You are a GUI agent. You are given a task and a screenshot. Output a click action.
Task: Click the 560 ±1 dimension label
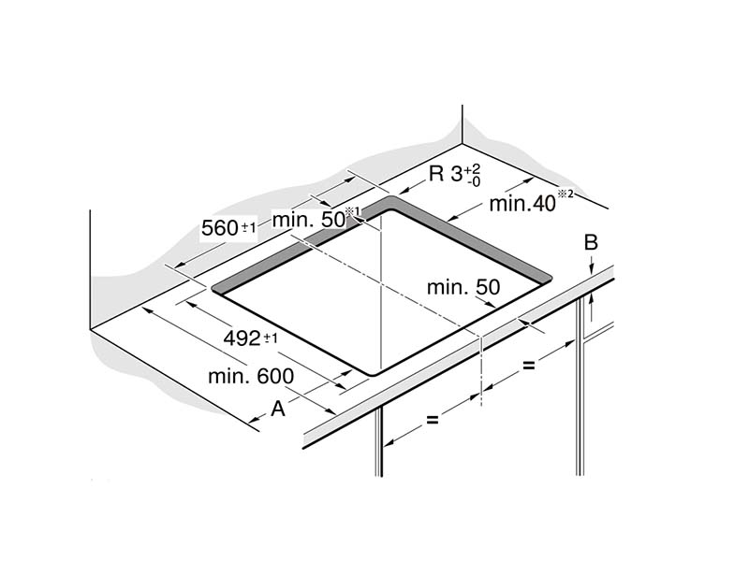click(228, 227)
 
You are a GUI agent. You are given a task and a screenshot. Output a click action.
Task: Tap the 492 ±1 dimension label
click(250, 338)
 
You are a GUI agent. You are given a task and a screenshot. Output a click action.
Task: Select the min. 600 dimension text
click(251, 377)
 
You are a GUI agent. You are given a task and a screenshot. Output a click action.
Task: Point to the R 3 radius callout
click(454, 175)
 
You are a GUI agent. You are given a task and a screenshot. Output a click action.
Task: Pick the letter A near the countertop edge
click(278, 409)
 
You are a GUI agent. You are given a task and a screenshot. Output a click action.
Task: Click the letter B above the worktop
click(591, 242)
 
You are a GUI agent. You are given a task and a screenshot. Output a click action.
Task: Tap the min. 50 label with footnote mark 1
click(316, 219)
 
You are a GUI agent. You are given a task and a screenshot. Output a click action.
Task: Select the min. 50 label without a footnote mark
click(463, 287)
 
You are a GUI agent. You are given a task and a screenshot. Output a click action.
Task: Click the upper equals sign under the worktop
click(528, 366)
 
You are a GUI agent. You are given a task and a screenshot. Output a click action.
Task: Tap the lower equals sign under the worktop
click(432, 420)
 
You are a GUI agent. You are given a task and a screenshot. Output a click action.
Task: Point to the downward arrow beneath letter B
click(592, 264)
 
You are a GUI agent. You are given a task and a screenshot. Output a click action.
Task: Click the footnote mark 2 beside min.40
click(565, 194)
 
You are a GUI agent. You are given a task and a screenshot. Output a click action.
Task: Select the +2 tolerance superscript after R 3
click(473, 169)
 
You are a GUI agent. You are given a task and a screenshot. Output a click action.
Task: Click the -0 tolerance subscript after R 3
click(474, 181)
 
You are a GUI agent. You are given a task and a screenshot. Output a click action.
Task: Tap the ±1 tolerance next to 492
click(271, 338)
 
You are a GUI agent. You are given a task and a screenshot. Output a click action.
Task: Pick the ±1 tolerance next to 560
click(249, 227)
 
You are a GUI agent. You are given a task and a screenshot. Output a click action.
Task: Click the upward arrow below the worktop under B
click(592, 308)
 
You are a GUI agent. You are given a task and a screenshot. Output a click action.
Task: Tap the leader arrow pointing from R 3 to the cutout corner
click(412, 188)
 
